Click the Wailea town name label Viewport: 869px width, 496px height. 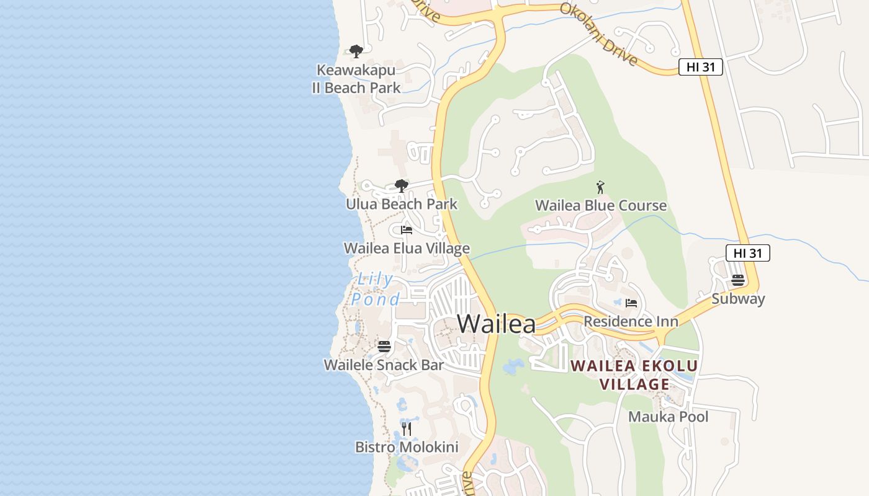(496, 324)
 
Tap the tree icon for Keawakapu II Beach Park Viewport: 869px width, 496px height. (356, 51)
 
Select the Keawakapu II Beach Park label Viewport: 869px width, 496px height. (356, 79)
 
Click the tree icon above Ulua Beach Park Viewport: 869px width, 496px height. (402, 185)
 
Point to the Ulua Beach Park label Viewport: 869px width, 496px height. (402, 204)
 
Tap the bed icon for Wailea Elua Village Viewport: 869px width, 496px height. (407, 229)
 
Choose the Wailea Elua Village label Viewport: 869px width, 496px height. (407, 249)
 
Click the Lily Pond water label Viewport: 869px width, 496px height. (376, 290)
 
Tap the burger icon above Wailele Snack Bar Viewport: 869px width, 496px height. (384, 346)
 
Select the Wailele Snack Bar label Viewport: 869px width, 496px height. (384, 365)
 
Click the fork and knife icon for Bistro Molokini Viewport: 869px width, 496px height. (407, 428)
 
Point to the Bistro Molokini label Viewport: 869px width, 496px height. (407, 447)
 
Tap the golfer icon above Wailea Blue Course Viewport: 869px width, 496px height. (600, 187)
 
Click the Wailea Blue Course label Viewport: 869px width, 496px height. (601, 205)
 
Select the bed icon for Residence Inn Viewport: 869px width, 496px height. (631, 303)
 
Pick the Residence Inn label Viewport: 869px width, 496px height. (631, 321)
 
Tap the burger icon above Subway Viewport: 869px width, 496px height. (738, 280)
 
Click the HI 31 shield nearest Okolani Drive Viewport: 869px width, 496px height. (701, 67)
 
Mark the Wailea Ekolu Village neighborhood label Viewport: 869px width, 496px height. (634, 375)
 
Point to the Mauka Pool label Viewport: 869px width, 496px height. (668, 417)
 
